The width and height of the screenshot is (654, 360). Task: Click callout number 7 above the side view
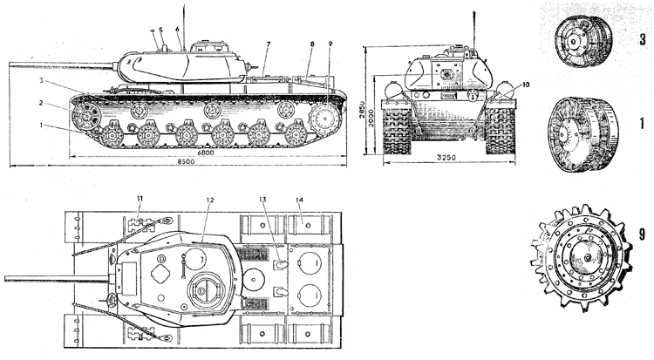(269, 44)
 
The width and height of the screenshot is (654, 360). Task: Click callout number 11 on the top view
(138, 200)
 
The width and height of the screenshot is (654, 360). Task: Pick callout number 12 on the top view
(209, 200)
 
